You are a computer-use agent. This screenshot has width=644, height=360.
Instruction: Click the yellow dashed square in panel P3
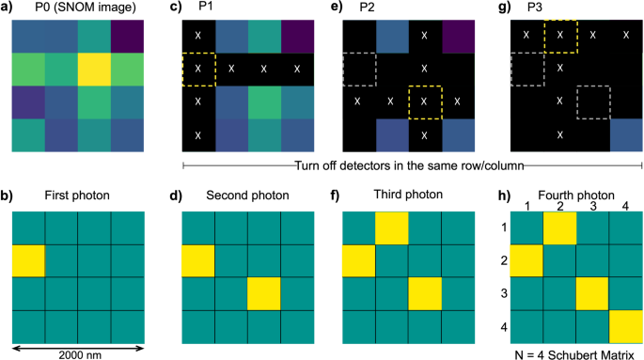[x=560, y=36]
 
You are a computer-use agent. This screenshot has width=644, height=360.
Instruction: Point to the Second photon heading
[x=245, y=196]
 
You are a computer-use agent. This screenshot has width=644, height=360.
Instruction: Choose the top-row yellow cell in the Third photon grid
[x=391, y=227]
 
